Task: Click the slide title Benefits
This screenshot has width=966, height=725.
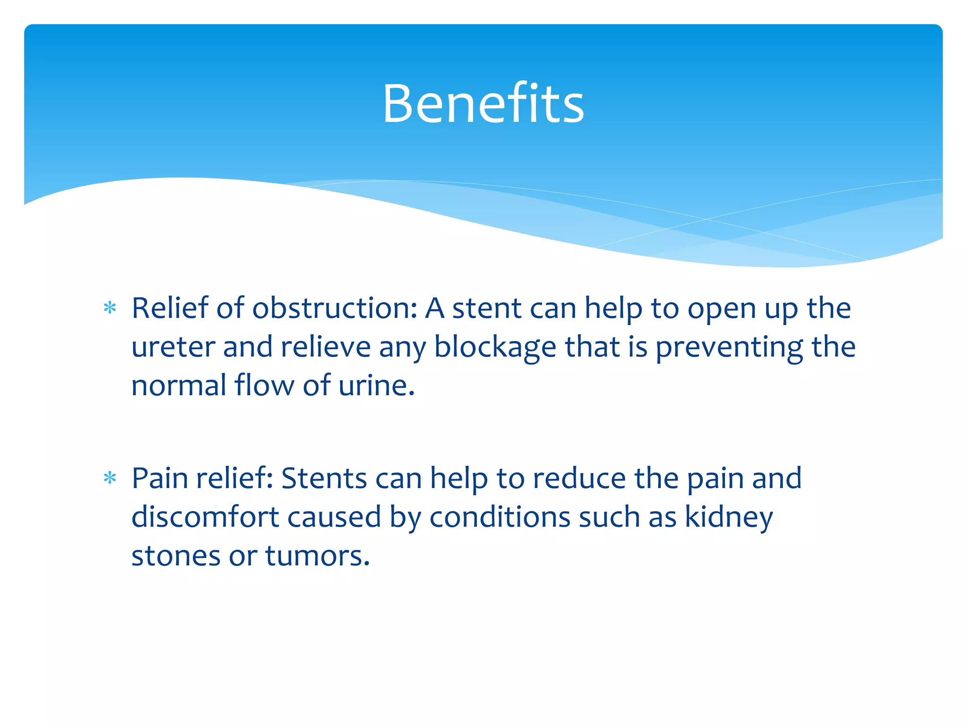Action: tap(483, 103)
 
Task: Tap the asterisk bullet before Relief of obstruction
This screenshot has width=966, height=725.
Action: tap(110, 308)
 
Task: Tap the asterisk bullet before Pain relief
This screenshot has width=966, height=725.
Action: tap(110, 478)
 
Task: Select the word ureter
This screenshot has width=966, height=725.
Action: tap(173, 347)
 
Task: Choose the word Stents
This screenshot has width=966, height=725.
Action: tap(324, 478)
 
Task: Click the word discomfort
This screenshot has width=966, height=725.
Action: tap(205, 517)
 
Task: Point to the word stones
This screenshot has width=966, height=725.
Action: tap(175, 556)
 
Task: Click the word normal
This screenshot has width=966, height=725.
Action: tap(179, 386)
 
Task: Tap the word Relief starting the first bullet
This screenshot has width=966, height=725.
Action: tap(169, 308)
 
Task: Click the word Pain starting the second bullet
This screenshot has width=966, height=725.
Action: tap(160, 478)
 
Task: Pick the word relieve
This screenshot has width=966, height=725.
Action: tap(325, 347)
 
